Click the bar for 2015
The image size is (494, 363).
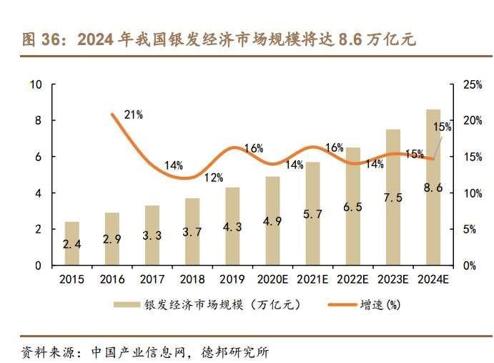(71, 243)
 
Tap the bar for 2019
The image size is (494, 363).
(232, 226)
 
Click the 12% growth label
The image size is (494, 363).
(213, 177)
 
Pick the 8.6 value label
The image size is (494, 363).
(433, 188)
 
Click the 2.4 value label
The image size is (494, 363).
(71, 244)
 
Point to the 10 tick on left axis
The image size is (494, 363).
(36, 84)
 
